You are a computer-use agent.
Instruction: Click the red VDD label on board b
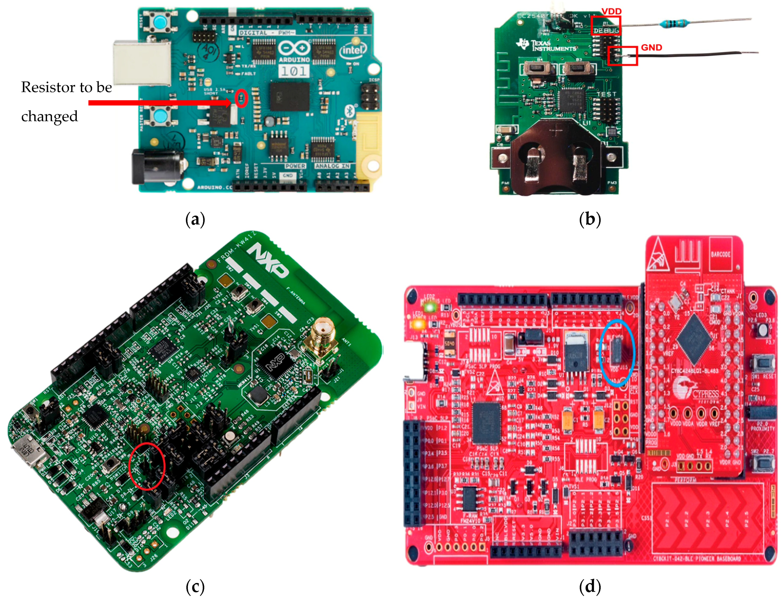coord(611,11)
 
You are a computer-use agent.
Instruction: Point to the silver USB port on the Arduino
coord(142,63)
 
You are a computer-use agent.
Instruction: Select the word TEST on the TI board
coord(606,94)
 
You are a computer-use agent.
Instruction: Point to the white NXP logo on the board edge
coord(269,260)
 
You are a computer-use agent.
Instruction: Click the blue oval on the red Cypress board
coord(617,352)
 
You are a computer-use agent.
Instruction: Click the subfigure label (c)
coord(195,587)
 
